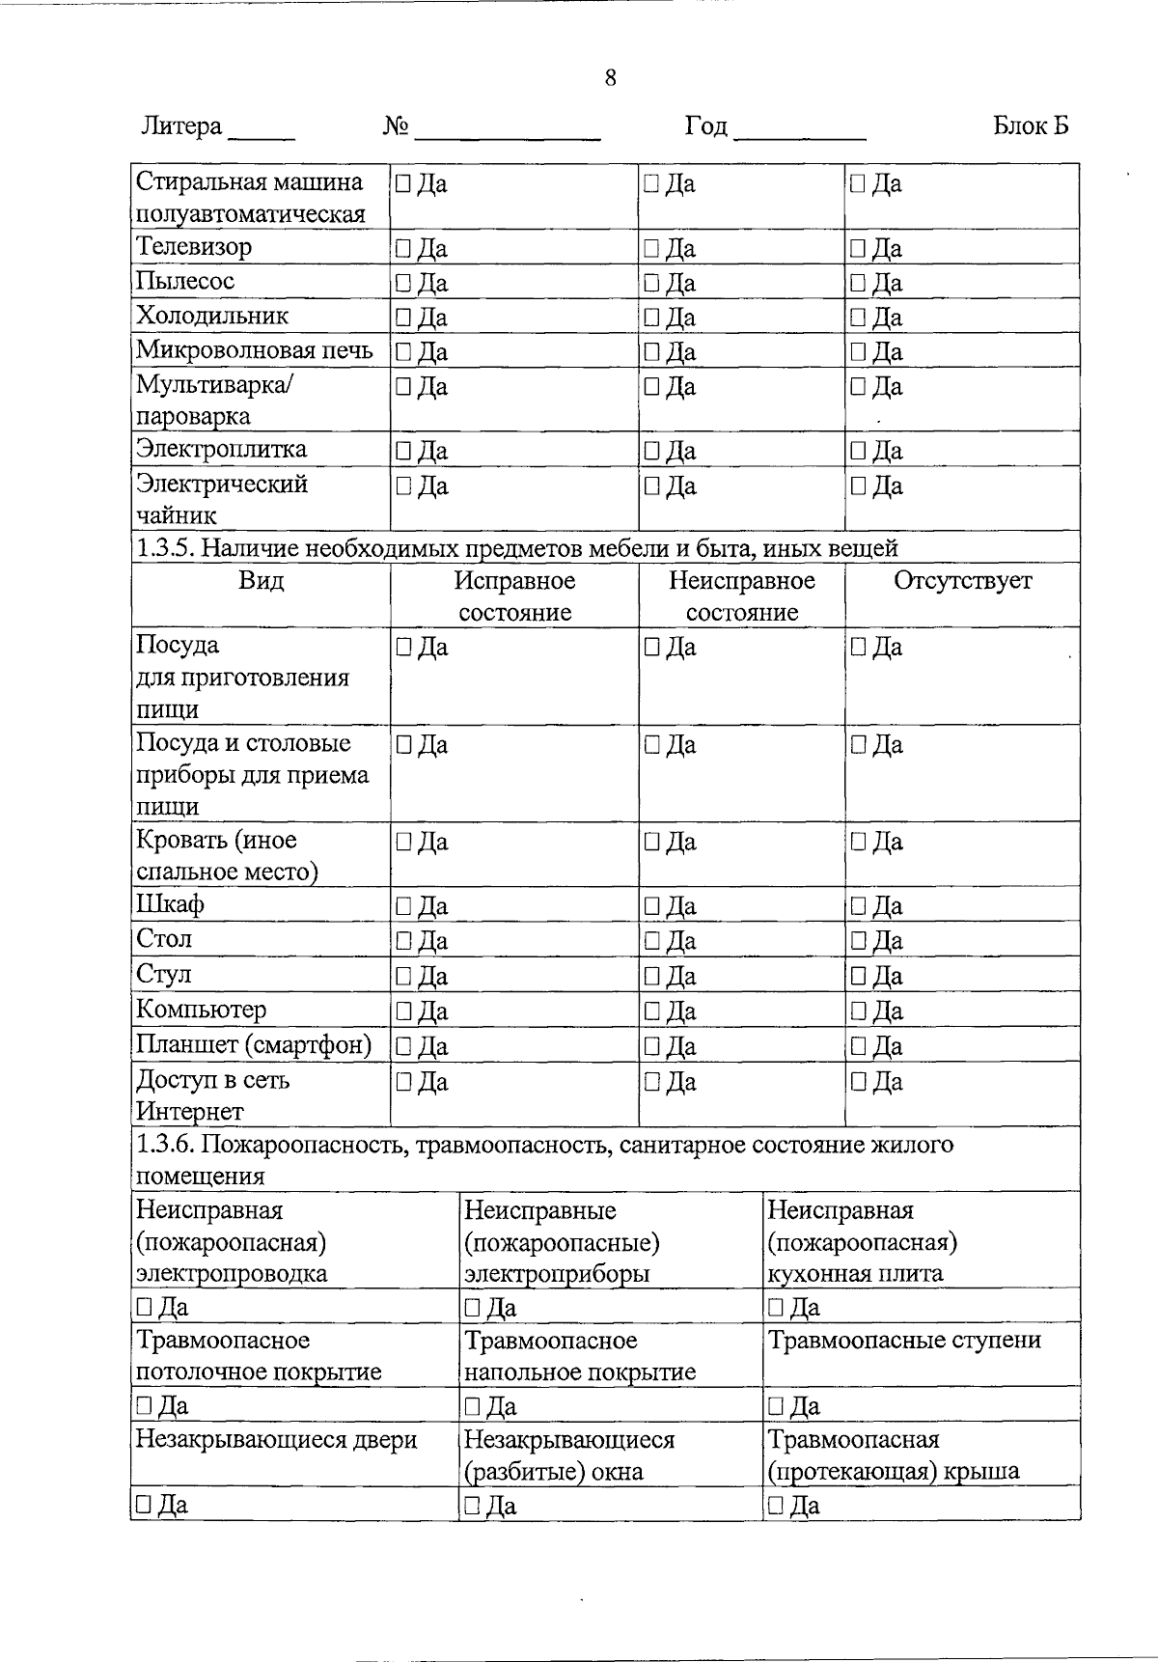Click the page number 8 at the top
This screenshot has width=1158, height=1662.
point(610,78)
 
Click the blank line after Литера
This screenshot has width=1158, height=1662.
point(261,135)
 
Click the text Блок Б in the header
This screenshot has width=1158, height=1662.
point(1031,126)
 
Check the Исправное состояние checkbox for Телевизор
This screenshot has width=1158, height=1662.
point(402,249)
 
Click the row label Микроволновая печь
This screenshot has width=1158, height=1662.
point(255,350)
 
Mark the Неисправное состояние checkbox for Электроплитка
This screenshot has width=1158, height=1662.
point(651,451)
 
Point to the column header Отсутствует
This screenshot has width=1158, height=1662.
point(962,581)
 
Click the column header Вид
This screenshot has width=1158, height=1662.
point(261,581)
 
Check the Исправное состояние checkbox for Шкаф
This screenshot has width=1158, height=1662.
point(402,906)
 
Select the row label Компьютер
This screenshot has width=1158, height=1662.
point(201,1010)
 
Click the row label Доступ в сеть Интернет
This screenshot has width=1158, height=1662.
point(212,1094)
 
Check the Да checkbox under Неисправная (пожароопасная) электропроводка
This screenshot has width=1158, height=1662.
point(144,1307)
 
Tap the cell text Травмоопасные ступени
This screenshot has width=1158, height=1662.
point(904,1341)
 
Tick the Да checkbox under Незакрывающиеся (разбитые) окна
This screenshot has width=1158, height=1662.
point(472,1505)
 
